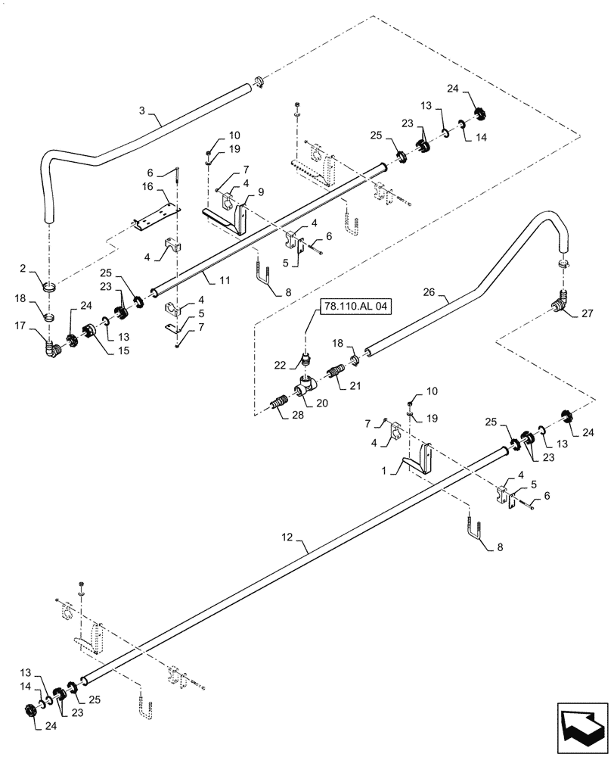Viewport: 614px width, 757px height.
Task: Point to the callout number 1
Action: point(387,469)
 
